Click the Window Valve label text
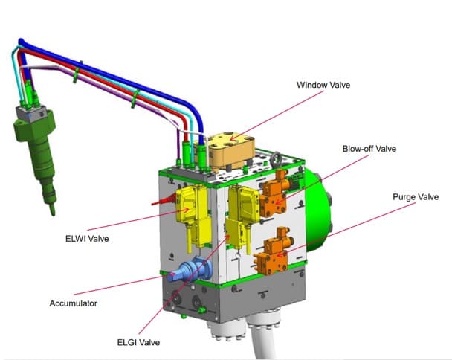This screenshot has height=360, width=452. (323, 85)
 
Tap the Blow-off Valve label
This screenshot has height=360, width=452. (369, 149)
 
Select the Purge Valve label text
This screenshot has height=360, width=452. (416, 197)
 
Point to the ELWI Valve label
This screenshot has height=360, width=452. (87, 239)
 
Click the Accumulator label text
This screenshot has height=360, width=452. (73, 303)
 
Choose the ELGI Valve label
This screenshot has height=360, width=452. (138, 342)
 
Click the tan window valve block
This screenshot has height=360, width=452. (230, 150)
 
